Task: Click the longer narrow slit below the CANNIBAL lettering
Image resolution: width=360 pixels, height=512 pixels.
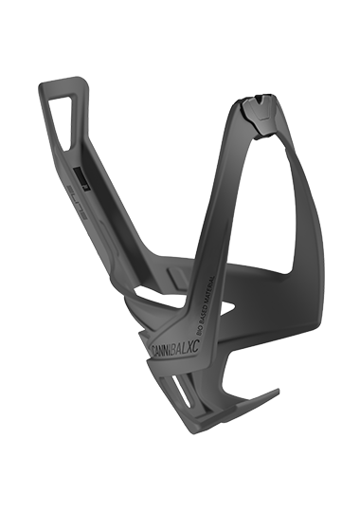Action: (189, 398)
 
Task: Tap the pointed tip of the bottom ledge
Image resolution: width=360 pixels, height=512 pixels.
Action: (275, 392)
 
